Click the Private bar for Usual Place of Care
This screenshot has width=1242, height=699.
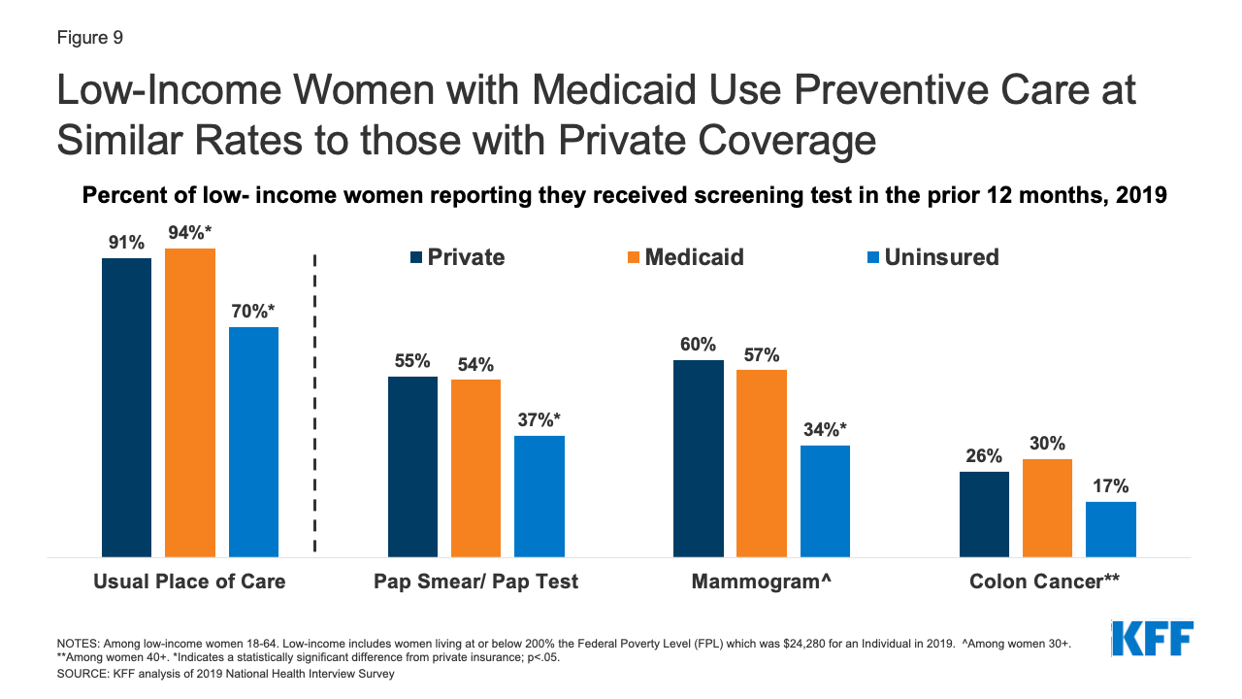(x=126, y=408)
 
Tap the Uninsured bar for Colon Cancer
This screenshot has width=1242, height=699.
(x=1110, y=529)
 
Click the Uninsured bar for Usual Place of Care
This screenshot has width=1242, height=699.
(x=253, y=442)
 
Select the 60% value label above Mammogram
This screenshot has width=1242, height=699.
(x=698, y=344)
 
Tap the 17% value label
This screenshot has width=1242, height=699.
(x=1110, y=486)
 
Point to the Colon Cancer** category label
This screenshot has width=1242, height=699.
(x=1045, y=582)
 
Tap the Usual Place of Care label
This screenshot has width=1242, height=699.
(x=189, y=582)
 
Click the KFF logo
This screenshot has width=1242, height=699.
(x=1152, y=639)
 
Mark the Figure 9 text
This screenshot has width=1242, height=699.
(x=88, y=38)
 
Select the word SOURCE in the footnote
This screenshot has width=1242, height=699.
(x=82, y=674)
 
